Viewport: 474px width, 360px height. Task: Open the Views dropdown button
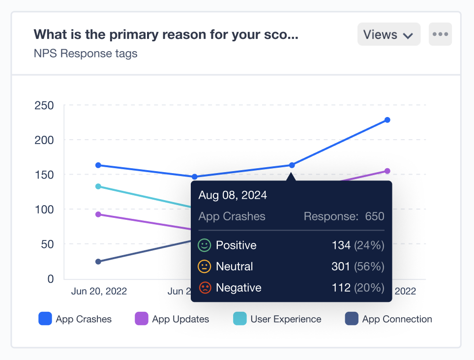(x=388, y=34)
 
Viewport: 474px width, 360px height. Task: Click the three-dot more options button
(x=440, y=34)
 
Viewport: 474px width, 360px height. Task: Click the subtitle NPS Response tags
(x=86, y=54)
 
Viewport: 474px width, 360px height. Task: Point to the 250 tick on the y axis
(x=44, y=105)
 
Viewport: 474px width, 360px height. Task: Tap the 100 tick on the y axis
(x=44, y=210)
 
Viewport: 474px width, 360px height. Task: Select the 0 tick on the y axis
(x=50, y=279)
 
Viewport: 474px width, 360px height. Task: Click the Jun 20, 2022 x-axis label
(x=99, y=291)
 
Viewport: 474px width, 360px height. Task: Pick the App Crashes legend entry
(x=75, y=319)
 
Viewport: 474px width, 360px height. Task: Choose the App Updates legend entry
(x=172, y=319)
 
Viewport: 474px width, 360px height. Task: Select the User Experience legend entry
(x=277, y=319)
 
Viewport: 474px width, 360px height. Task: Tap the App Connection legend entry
(x=389, y=319)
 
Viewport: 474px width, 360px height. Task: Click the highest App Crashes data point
(x=387, y=120)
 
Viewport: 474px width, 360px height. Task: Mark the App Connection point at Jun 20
(x=98, y=262)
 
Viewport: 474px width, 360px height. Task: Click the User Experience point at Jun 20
(x=98, y=186)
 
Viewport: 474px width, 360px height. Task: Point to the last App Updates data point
(x=387, y=171)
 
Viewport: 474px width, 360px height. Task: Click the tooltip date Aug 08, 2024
(x=233, y=195)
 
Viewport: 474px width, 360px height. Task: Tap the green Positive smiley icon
(x=204, y=245)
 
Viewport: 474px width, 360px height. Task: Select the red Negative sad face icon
(x=204, y=288)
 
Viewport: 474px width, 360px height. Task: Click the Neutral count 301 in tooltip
(x=341, y=267)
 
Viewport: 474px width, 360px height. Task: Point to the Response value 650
(x=375, y=216)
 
